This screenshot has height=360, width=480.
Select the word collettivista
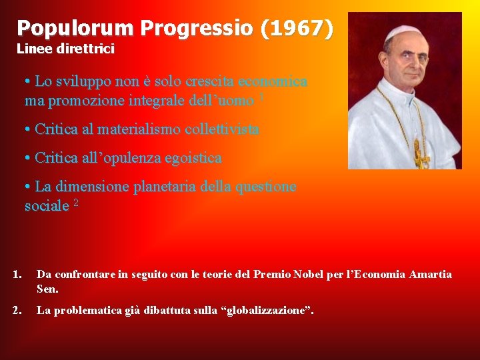226,129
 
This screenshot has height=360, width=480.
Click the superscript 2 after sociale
76,203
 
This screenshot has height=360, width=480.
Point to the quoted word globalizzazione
269,310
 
